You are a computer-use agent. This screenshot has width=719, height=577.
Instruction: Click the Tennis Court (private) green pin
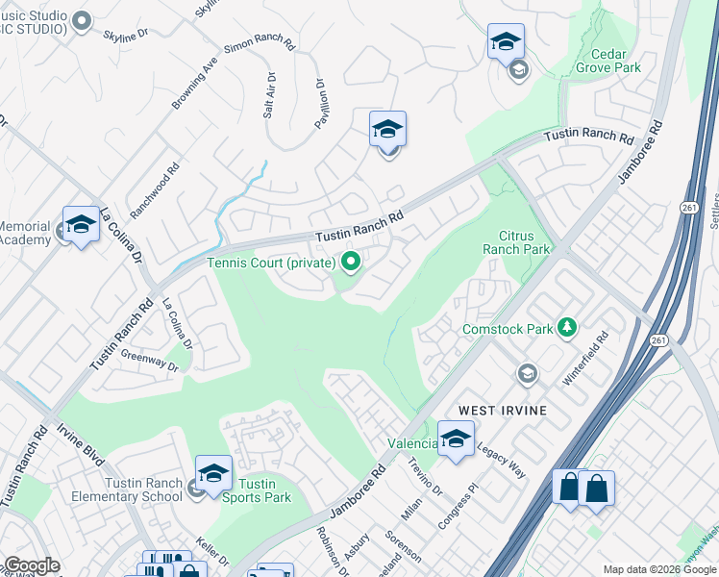[351, 262]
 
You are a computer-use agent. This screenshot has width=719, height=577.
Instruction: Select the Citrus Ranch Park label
[524, 242]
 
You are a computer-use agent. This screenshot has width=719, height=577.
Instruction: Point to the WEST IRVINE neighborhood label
[502, 411]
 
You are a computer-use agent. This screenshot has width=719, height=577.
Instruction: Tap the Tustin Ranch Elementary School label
[126, 489]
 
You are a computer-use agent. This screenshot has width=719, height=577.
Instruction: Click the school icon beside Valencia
[456, 439]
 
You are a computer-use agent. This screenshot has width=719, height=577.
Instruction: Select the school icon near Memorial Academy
[81, 225]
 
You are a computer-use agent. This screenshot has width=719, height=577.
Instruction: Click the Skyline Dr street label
[126, 33]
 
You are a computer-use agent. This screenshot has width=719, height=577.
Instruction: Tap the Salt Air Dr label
[270, 94]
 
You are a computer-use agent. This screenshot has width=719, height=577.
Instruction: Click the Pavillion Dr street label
[322, 104]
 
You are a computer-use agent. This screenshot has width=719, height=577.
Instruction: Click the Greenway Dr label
[150, 361]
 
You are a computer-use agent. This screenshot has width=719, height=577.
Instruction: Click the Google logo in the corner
[32, 565]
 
